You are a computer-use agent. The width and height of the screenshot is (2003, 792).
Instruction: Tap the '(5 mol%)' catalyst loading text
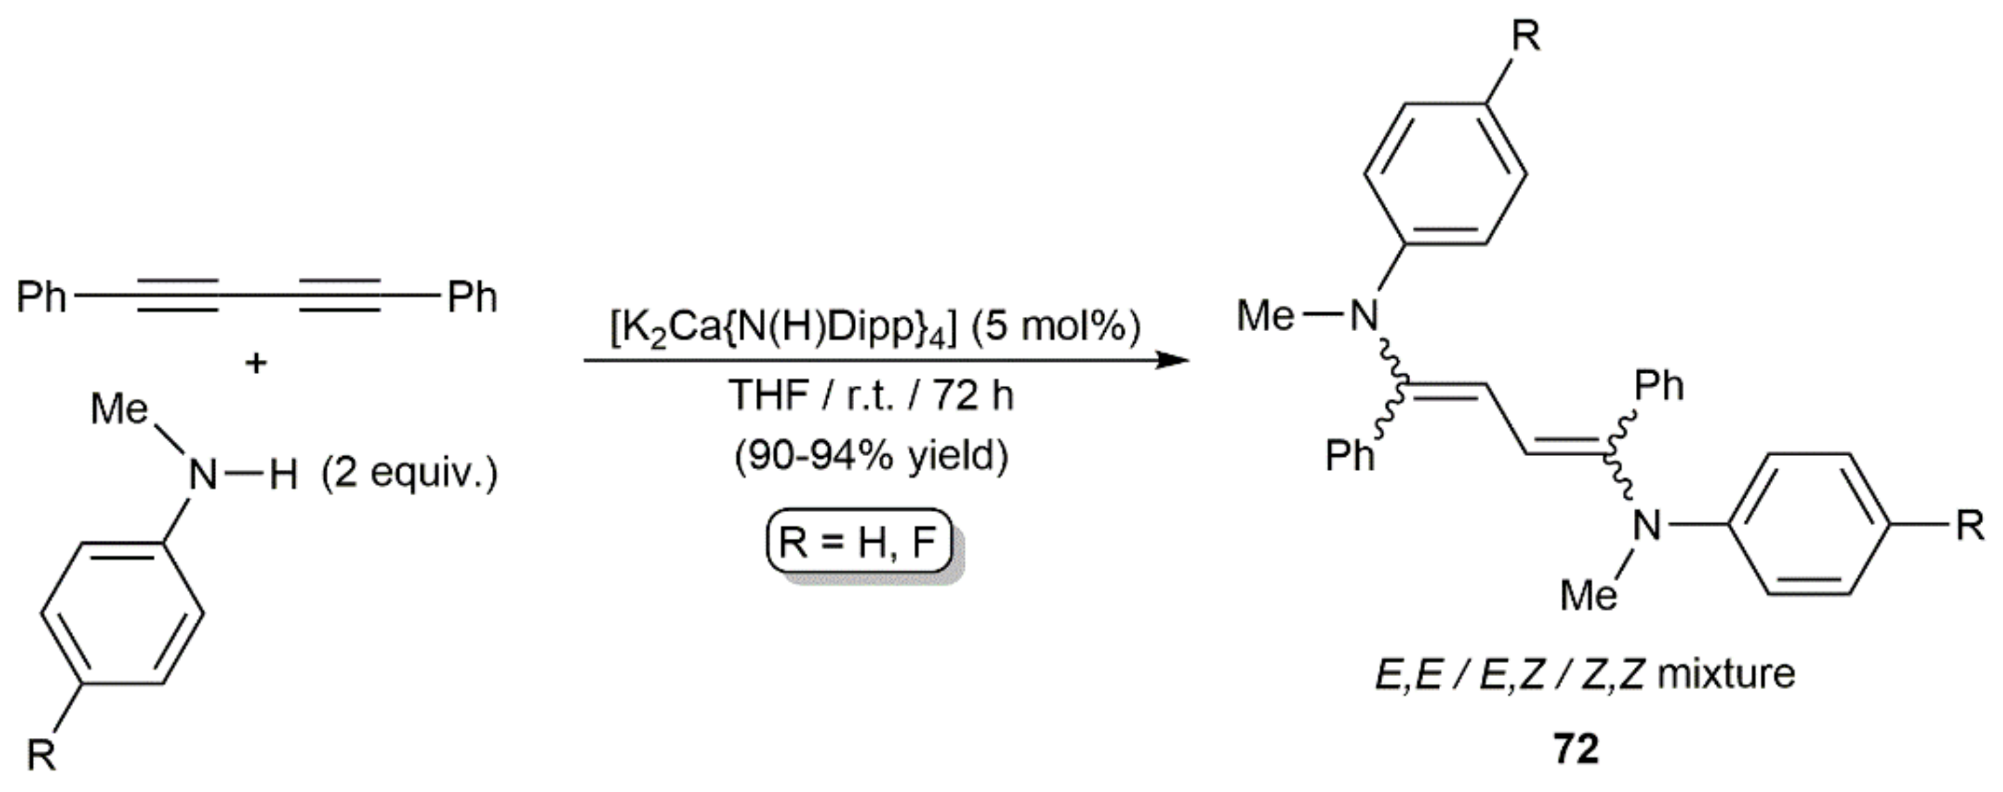point(1053,327)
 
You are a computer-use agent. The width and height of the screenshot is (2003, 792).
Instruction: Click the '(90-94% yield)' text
point(871,455)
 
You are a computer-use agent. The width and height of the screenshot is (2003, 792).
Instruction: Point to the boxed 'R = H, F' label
point(859,541)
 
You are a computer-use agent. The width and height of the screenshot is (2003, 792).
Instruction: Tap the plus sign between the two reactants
point(256,363)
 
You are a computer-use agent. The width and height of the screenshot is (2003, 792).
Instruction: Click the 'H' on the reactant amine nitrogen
point(283,475)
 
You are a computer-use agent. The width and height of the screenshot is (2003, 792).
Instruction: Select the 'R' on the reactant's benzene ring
point(42,754)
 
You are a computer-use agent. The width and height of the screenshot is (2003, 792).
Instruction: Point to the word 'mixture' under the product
point(1726,674)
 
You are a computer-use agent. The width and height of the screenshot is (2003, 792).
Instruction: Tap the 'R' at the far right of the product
point(1970,526)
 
